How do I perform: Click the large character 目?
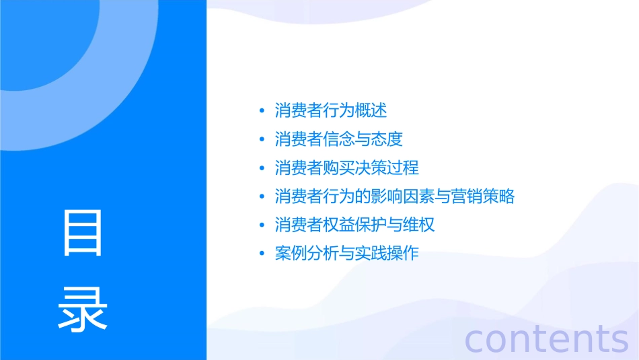83,233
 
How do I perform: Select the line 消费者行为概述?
331,110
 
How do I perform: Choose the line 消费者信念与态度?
338,139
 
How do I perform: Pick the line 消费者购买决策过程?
346,168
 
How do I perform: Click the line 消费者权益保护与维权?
354,225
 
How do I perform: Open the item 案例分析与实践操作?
346,254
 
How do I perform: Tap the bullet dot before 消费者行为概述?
262,111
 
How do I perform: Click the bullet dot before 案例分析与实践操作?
262,254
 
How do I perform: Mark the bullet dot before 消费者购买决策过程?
262,168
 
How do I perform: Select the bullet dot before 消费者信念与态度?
262,140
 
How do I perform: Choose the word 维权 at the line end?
419,225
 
